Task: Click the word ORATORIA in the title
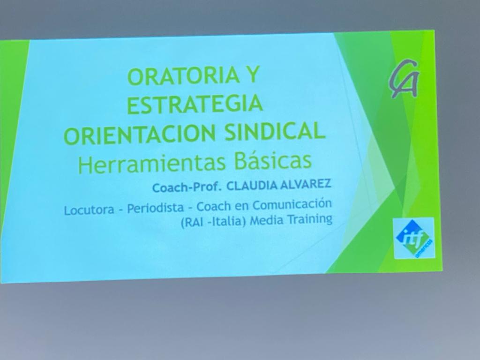(x=183, y=76)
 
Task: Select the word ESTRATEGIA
(x=195, y=104)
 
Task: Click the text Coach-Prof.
(x=187, y=187)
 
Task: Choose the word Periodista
(x=156, y=208)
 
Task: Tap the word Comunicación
(x=292, y=205)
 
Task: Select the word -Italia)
(x=227, y=221)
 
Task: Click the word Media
(x=266, y=220)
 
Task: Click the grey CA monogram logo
(x=404, y=79)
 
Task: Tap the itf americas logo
(x=414, y=238)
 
